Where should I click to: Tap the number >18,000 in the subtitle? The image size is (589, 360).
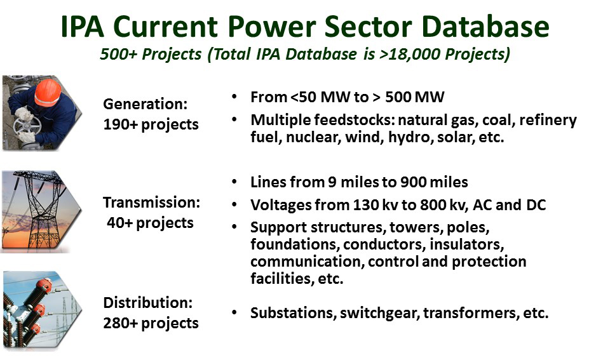click(410, 54)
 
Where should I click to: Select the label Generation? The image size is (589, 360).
click(146, 104)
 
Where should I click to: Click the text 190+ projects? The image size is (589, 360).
click(151, 124)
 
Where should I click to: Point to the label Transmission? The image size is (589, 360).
click(152, 203)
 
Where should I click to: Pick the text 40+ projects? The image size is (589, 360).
click(150, 223)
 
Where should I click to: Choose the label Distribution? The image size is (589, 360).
click(148, 303)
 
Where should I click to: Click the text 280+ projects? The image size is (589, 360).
click(151, 323)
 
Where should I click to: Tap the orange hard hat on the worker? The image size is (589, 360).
click(48, 93)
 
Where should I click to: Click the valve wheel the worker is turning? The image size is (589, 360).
click(24, 125)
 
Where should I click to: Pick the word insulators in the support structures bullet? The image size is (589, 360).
click(466, 244)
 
